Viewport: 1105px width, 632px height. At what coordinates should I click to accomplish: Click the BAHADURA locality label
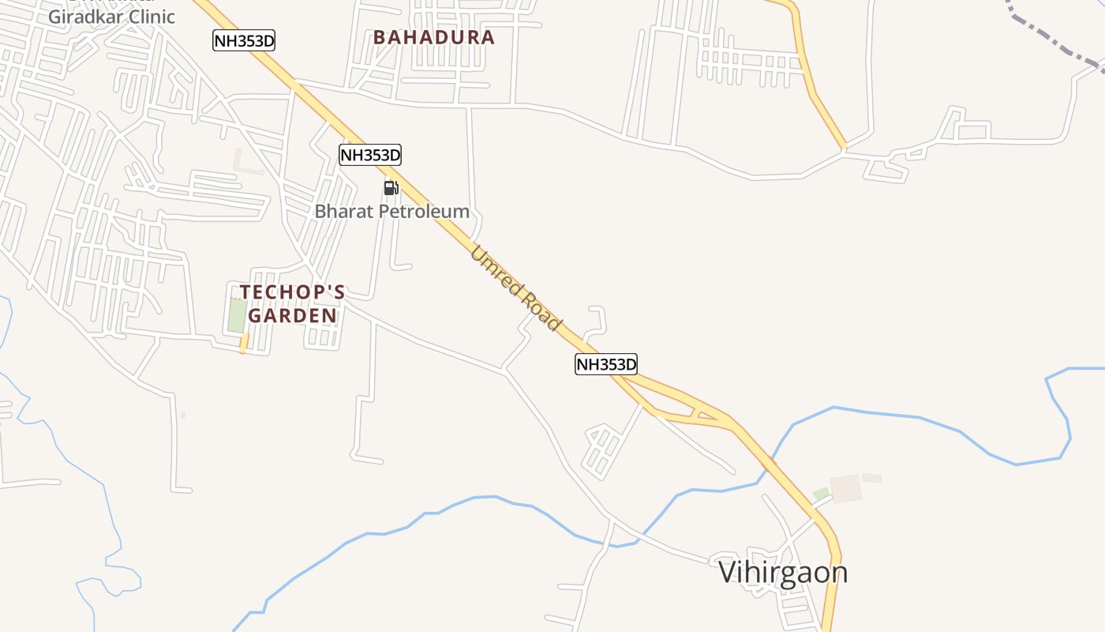pyautogui.click(x=433, y=37)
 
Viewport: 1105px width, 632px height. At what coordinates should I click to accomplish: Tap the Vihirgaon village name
pyautogui.click(x=783, y=572)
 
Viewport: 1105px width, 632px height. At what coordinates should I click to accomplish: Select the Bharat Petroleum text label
pyautogui.click(x=391, y=212)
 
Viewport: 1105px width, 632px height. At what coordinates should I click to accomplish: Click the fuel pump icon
pyautogui.click(x=391, y=188)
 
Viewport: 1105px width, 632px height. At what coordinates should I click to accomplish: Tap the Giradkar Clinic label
pyautogui.click(x=111, y=17)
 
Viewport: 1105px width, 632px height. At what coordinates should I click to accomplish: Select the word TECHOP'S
pyautogui.click(x=292, y=292)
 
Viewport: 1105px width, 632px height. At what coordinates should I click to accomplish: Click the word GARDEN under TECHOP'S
pyautogui.click(x=292, y=316)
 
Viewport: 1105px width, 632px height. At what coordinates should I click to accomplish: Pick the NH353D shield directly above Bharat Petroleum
pyautogui.click(x=370, y=155)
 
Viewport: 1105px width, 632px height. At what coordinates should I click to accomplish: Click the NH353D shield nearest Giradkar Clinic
pyautogui.click(x=244, y=40)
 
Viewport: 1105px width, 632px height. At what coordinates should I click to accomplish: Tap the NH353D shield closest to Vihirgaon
pyautogui.click(x=605, y=364)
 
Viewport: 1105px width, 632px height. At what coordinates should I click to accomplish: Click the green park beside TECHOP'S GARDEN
pyautogui.click(x=237, y=316)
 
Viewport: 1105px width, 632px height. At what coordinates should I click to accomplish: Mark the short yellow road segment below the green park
pyautogui.click(x=244, y=343)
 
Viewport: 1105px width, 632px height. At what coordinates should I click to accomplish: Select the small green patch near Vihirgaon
pyautogui.click(x=821, y=494)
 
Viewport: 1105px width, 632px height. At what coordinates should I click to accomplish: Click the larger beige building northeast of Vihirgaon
pyautogui.click(x=845, y=488)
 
